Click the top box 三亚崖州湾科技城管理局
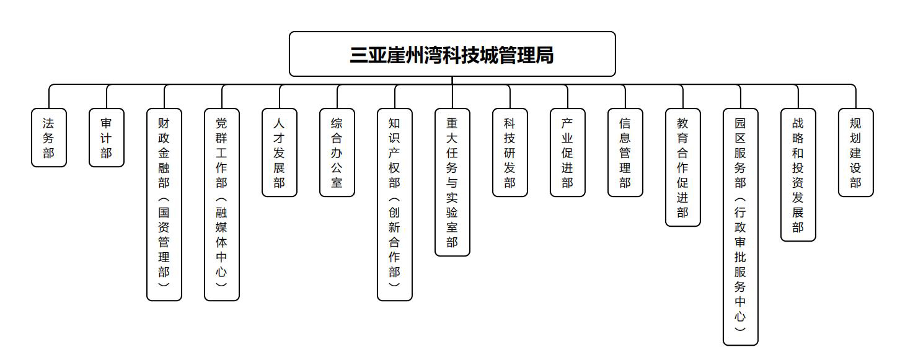click(452, 54)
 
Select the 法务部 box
click(49, 138)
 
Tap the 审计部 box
click(107, 138)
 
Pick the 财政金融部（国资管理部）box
click(164, 204)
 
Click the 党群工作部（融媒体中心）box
click(222, 204)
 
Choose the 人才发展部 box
click(280, 152)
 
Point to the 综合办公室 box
click(337, 152)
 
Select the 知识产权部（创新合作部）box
click(395, 204)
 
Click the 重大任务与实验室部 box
click(452, 182)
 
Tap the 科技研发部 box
click(510, 152)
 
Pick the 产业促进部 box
click(568, 152)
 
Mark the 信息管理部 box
click(625, 152)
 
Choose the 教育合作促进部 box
click(683, 167)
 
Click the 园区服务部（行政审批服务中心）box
click(741, 227)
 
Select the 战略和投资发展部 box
click(798, 175)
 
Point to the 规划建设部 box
click(855, 152)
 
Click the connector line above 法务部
click(49, 97)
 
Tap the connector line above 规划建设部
click(855, 97)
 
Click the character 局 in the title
click(544, 55)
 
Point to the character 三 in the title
click(359, 55)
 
